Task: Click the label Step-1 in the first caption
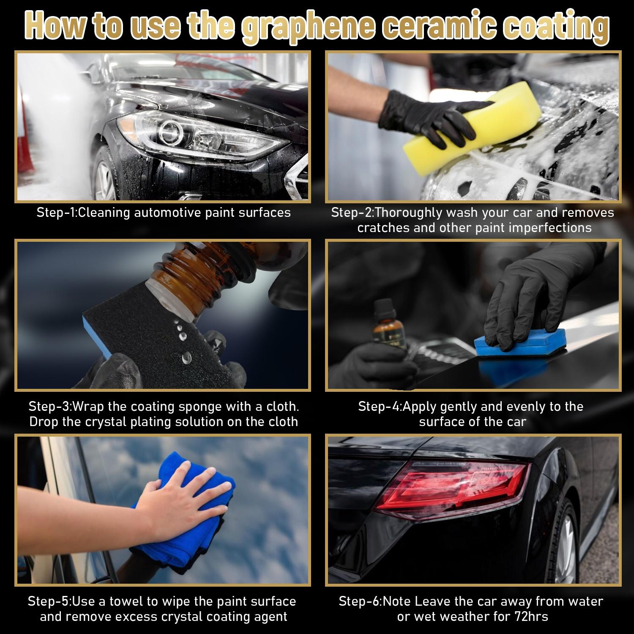click(55, 212)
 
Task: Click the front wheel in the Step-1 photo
click(104, 178)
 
